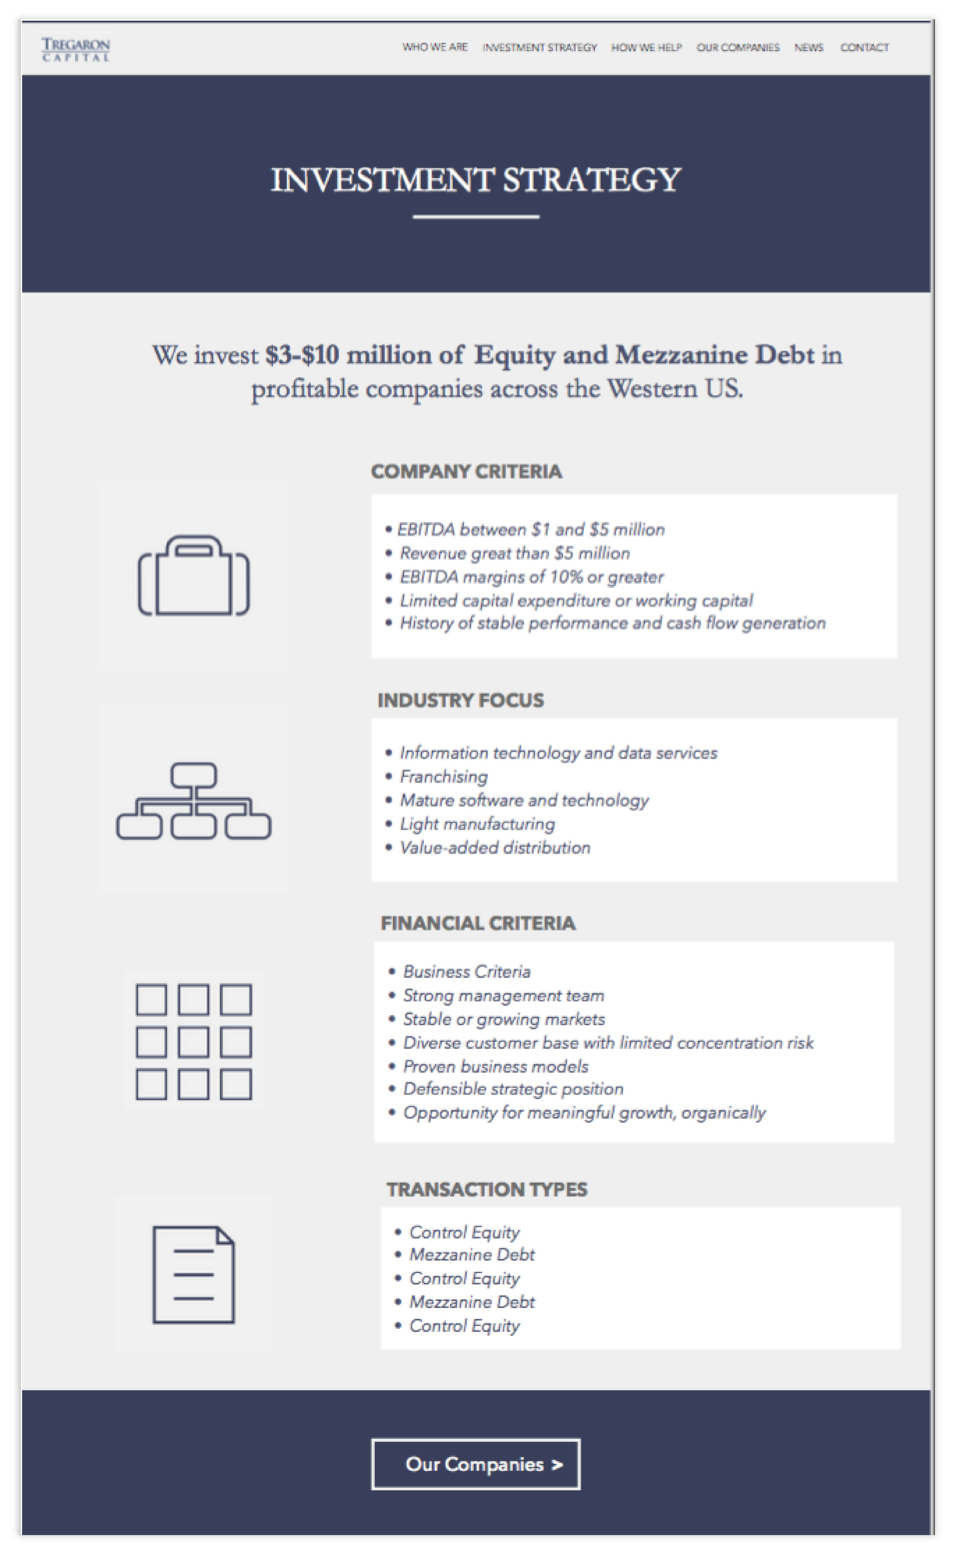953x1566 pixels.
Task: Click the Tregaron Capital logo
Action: tap(76, 49)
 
